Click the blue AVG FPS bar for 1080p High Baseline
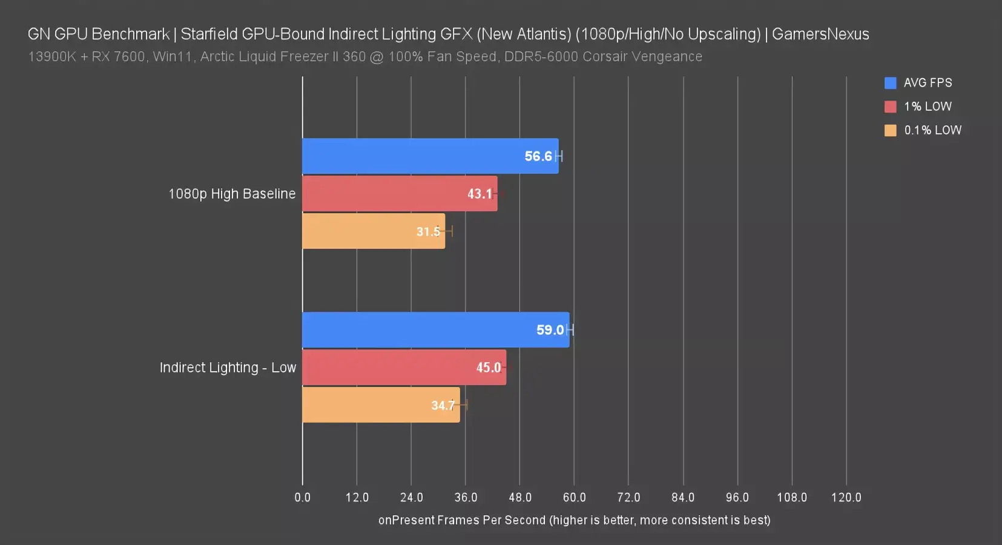412,156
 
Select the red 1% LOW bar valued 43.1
387,194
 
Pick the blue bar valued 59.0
418,330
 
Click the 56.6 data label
538,156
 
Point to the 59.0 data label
550,330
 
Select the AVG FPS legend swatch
890,83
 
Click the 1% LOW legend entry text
928,107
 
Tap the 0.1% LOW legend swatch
890,130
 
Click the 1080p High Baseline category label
232,194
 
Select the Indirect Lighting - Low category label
228,368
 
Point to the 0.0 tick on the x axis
302,497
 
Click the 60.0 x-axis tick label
574,497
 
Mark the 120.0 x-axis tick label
846,497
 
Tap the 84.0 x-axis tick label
683,497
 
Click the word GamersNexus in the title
820,34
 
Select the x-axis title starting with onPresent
574,520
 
